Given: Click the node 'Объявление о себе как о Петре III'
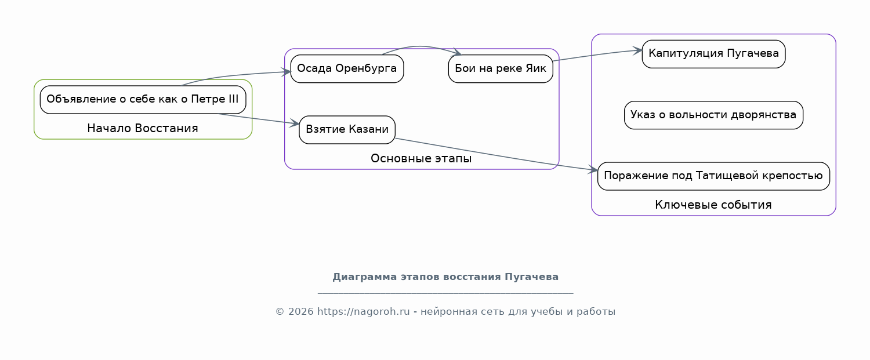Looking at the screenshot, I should tap(143, 99).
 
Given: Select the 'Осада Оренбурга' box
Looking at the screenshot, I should tap(347, 68).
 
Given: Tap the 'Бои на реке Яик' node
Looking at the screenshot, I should tap(501, 68).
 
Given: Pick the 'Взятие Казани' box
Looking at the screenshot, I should tap(347, 129).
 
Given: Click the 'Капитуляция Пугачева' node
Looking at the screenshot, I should tap(713, 54).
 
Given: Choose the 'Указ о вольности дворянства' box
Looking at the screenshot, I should tap(713, 115).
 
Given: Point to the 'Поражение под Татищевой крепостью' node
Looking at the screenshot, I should tap(713, 176).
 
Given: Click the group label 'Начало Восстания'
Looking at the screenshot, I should tap(143, 128).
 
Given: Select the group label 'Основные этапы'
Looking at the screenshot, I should tap(421, 158).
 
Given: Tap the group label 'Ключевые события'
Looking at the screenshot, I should tap(713, 205).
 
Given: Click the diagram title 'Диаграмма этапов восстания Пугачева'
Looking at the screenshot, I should tap(445, 277).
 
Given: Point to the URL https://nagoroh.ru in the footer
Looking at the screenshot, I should tap(364, 312).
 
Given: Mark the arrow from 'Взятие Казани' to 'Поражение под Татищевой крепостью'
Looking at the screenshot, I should tap(493, 154).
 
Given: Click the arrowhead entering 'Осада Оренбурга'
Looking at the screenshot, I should tap(287, 72).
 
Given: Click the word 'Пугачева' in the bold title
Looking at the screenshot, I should tap(532, 277).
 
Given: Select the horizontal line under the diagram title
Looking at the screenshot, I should tap(445, 293).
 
